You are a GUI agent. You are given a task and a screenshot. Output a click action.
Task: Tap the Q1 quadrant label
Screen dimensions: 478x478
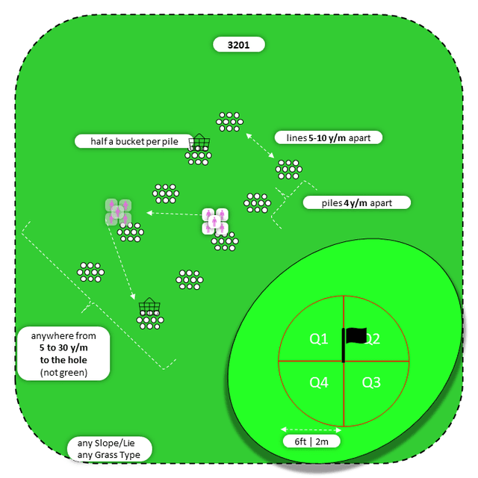tap(319, 339)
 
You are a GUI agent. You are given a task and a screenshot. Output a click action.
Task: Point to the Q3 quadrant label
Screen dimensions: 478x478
tap(371, 382)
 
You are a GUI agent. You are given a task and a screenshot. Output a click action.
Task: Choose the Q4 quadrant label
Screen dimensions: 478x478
tap(319, 382)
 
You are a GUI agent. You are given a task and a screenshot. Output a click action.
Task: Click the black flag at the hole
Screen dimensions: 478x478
tap(356, 336)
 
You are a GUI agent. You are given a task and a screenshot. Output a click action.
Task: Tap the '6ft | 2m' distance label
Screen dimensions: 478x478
tap(311, 441)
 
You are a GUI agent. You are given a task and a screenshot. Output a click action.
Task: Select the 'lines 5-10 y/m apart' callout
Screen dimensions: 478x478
tap(329, 137)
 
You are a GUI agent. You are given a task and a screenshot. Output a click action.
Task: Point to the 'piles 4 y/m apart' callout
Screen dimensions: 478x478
tap(357, 202)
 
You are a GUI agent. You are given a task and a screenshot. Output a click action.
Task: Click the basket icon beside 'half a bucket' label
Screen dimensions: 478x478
tap(199, 142)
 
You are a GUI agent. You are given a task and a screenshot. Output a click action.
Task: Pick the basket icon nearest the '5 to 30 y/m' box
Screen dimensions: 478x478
tap(149, 306)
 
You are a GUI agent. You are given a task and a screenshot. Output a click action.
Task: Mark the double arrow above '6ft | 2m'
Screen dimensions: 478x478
tap(310, 429)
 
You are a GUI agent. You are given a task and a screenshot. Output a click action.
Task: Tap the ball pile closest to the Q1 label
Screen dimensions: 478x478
tap(189, 279)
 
